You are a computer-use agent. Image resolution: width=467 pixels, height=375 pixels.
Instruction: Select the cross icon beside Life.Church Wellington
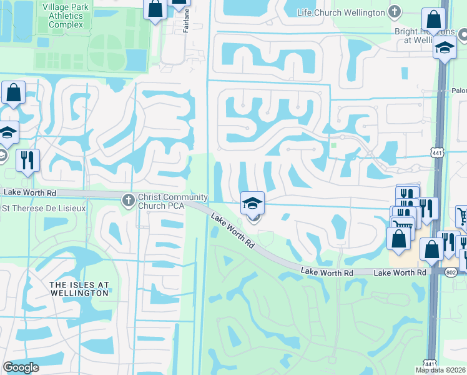[394, 11]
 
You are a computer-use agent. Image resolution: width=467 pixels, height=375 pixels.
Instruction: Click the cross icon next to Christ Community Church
[128, 201]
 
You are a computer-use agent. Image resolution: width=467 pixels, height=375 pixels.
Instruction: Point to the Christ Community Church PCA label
[164, 201]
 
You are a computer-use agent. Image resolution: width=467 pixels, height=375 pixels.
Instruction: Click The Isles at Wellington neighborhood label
[79, 289]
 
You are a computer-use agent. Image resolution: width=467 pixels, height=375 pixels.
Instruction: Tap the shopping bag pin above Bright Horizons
[433, 19]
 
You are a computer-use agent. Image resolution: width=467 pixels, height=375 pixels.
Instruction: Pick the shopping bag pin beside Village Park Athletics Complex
[155, 9]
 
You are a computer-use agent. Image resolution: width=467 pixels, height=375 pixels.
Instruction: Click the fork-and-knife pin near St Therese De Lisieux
[27, 161]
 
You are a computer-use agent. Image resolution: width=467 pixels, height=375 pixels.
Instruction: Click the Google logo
[21, 367]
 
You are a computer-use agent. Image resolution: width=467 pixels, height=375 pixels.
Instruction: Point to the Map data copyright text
[440, 370]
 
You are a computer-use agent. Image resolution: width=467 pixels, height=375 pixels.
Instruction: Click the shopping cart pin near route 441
[463, 217]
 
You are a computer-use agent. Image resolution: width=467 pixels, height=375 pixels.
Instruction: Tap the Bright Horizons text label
[421, 35]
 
